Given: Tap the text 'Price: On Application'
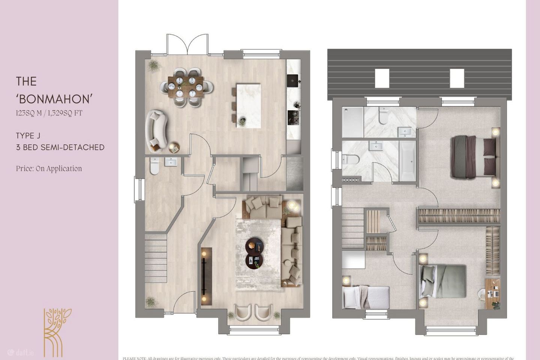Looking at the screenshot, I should coord(49,169).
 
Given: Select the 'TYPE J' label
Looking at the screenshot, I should coord(28,136).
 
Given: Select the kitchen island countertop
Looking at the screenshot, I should coord(248,105).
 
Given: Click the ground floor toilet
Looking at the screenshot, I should coord(154,166).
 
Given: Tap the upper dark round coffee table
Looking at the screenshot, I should coord(254,246).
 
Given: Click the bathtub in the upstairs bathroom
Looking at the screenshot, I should coord(407,161).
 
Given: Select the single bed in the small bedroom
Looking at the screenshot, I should coord(366,297).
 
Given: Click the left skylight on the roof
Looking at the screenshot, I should coord(382,78).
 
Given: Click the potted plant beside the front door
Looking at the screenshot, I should coord(150,302).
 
